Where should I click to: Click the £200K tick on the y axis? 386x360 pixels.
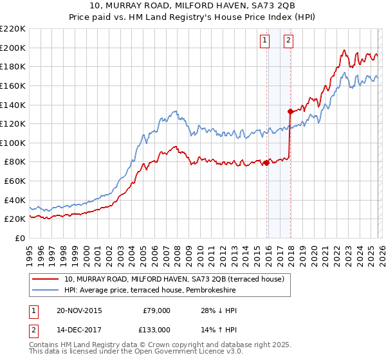[x=13, y=48]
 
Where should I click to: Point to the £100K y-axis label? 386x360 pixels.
[x=13, y=143]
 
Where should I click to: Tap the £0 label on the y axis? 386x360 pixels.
[x=21, y=238]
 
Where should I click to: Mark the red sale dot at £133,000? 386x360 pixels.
[x=290, y=111]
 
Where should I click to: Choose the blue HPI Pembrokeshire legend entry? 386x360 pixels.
[x=150, y=291]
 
